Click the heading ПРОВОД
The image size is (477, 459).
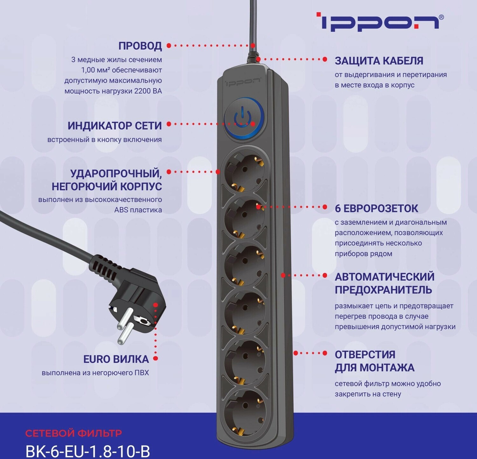140,46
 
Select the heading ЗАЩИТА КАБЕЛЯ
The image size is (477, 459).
379,61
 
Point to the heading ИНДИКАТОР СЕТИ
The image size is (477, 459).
114,126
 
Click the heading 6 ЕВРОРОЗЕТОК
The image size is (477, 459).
376,208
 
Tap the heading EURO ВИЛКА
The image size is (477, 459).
116,359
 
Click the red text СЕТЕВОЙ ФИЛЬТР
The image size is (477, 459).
73,433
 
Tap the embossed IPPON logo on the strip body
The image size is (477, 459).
243,82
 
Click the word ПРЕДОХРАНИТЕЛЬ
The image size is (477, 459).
383,290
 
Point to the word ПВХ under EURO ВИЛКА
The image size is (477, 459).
142,373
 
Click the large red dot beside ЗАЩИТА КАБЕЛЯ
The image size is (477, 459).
325,59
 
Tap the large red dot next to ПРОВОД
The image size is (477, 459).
169,46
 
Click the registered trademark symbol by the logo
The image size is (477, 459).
441,17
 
